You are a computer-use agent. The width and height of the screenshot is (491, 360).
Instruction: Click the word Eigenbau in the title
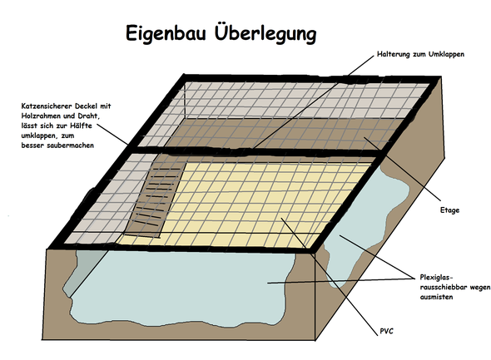click(x=166, y=33)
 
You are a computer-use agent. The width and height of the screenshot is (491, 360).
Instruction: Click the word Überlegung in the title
click(x=265, y=32)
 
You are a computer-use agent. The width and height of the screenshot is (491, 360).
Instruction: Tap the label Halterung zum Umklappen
click(x=420, y=54)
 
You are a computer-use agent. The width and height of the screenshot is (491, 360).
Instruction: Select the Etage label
click(x=449, y=210)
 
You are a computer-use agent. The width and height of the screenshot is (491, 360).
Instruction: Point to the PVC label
click(x=386, y=331)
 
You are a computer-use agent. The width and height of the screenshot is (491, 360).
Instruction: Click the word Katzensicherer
click(x=47, y=106)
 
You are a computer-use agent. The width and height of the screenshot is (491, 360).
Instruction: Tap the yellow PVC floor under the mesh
click(x=250, y=204)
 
